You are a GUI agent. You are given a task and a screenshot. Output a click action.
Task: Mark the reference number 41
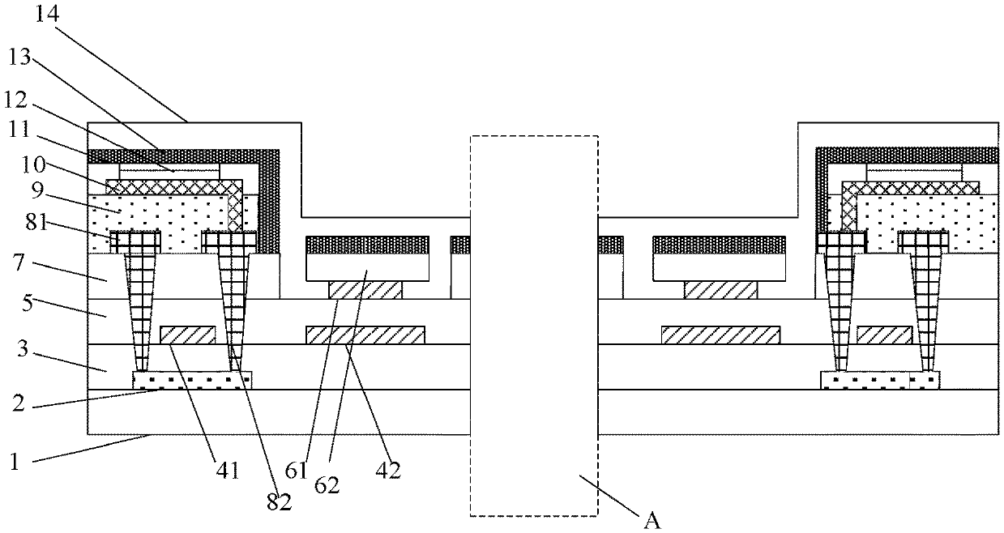pos(227,469)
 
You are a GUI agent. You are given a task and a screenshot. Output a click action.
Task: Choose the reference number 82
pos(279,501)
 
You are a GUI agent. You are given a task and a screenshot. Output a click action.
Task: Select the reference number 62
pos(328,486)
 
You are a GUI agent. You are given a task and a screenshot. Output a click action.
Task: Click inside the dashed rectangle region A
pos(533,324)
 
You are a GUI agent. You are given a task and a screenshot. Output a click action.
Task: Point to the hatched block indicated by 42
pos(365,335)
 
